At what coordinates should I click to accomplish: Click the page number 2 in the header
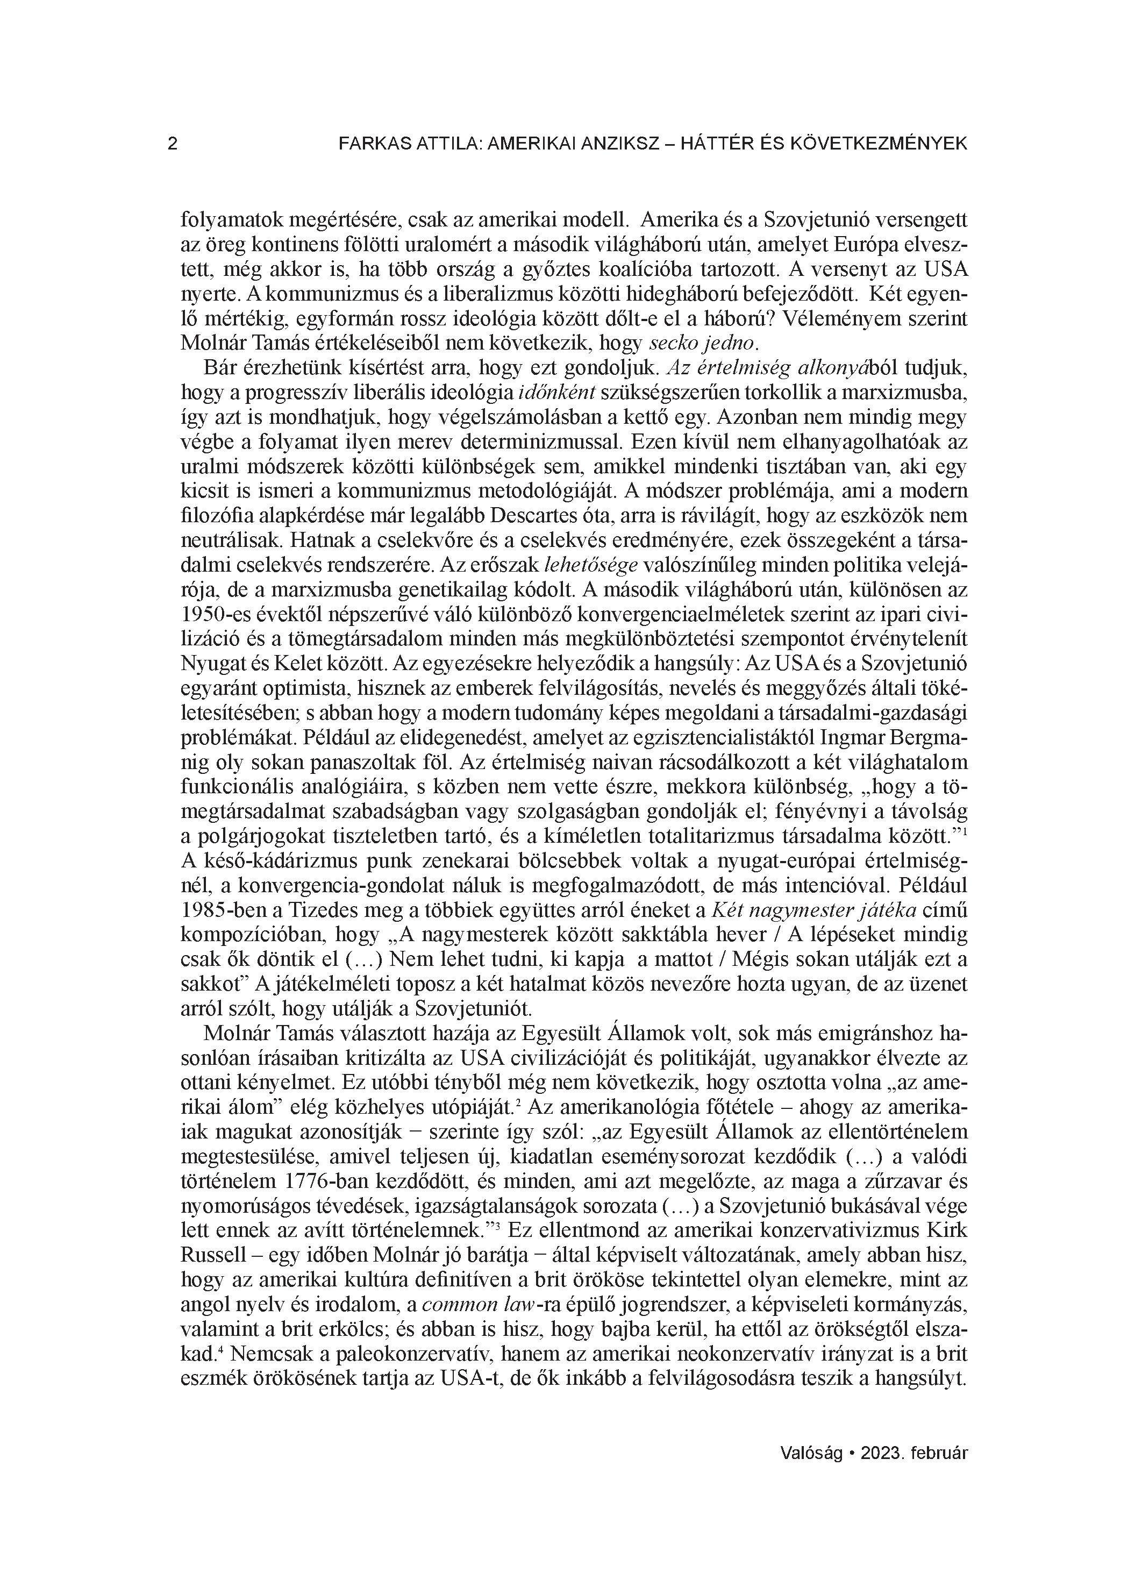pyautogui.click(x=173, y=144)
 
